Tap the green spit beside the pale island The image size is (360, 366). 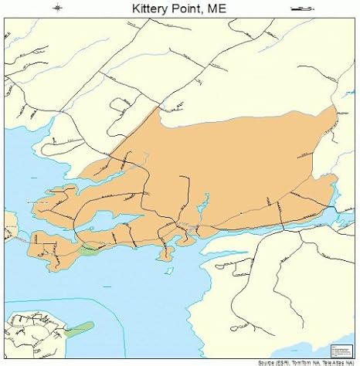pyautogui.click(x=77, y=330)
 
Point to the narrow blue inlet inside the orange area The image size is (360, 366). pyautogui.click(x=202, y=205)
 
